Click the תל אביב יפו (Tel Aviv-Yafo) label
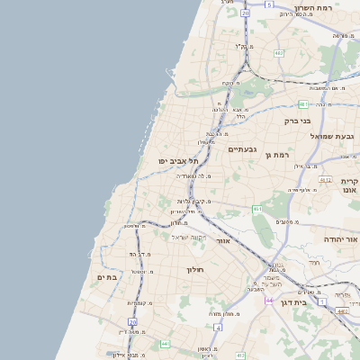[x=177, y=160]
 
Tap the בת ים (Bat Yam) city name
[x=107, y=277]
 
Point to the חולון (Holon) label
[x=196, y=269]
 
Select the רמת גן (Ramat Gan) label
[x=278, y=155]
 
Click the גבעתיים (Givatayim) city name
[x=243, y=148]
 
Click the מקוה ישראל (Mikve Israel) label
[x=189, y=237]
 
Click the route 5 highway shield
[x=268, y=4]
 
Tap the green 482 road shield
[x=279, y=53]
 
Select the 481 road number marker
[x=303, y=104]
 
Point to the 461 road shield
[x=257, y=210]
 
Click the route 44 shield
[x=268, y=300]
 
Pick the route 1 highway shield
[x=322, y=302]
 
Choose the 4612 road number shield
[x=326, y=180]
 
